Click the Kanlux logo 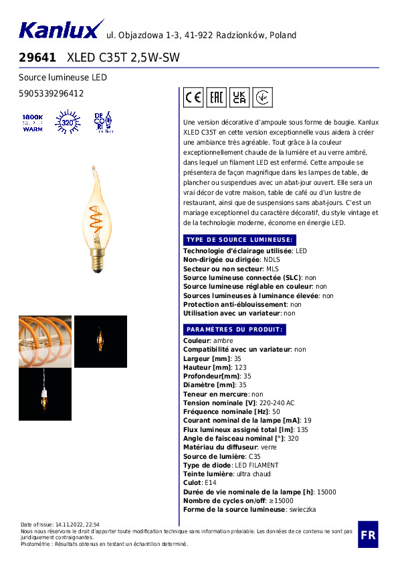click(59, 30)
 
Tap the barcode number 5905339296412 click(51, 94)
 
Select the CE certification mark click(193, 98)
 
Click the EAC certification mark click(216, 98)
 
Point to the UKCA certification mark click(239, 98)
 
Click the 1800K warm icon click(32, 123)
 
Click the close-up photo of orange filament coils click(45, 341)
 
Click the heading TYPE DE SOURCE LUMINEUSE click(238, 240)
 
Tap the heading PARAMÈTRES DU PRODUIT click(235, 330)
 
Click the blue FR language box click(367, 535)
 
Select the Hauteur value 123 click(240, 368)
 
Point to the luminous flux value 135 click(302, 430)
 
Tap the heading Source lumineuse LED click(63, 78)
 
